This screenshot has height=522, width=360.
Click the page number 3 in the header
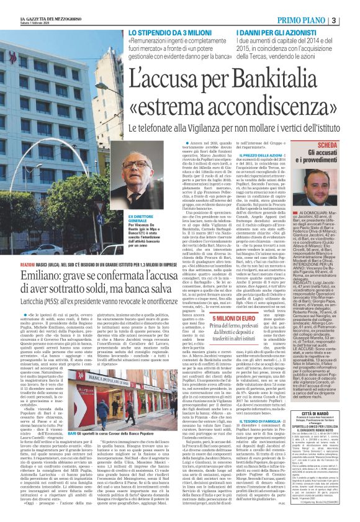click(x=352, y=6)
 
